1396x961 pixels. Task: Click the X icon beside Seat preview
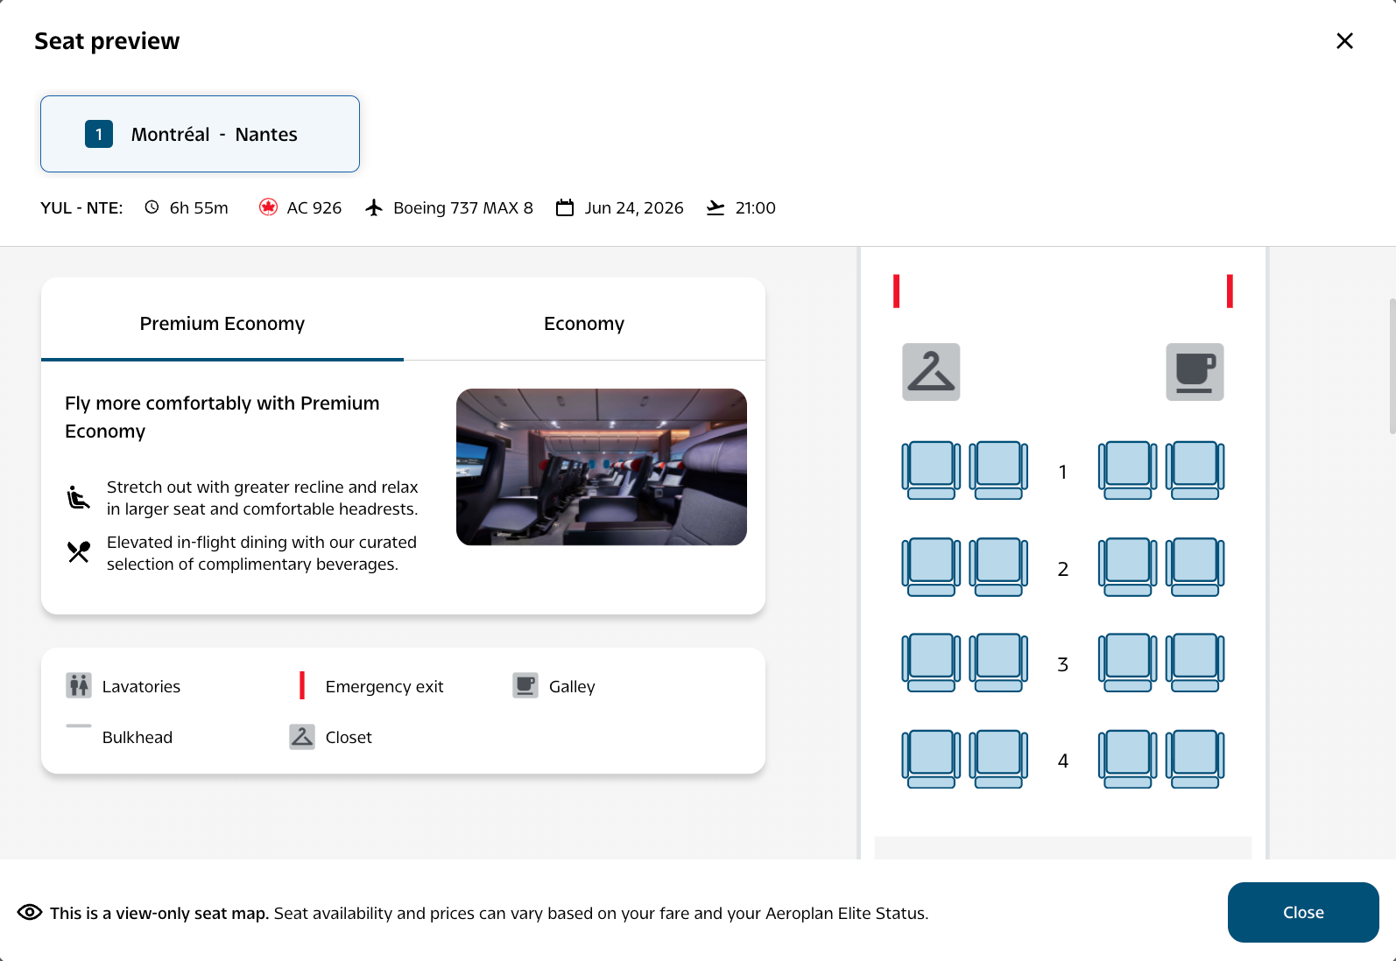[x=1344, y=41]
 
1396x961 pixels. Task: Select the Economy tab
[x=584, y=323]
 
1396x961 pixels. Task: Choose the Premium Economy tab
[x=222, y=323]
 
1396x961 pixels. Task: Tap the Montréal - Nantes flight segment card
[x=200, y=134]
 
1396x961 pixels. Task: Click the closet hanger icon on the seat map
[x=930, y=372]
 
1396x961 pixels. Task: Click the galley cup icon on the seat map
[x=1195, y=372]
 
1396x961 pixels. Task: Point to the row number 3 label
[x=1062, y=664]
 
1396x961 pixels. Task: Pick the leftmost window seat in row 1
[x=930, y=470]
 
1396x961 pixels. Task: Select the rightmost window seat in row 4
[x=1195, y=759]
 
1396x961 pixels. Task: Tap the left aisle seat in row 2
[x=998, y=567]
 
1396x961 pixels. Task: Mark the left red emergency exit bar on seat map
[x=896, y=291]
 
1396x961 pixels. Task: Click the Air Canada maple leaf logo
[x=268, y=207]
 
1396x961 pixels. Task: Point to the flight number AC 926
[x=314, y=207]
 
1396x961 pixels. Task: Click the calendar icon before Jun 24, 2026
[x=565, y=207]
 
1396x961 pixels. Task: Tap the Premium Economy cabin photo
[x=602, y=467]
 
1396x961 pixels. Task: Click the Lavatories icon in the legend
[x=79, y=685]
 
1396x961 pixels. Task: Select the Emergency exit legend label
[x=384, y=686]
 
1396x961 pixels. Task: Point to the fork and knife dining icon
[x=79, y=551]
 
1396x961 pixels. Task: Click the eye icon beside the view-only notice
[x=30, y=912]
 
